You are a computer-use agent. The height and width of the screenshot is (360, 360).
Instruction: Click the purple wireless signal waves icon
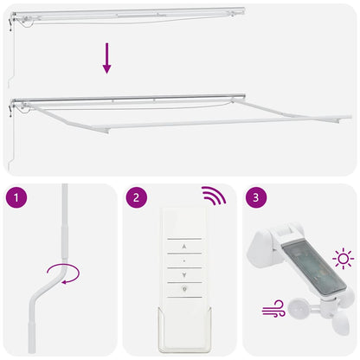coord(214,194)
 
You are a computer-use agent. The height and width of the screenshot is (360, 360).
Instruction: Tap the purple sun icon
coord(344,258)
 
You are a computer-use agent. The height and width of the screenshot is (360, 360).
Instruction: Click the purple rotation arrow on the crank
coord(61,276)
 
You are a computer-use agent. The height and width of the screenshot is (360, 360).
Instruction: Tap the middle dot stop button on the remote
coord(183,258)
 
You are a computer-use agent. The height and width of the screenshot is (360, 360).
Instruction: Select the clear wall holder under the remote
coord(183,324)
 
